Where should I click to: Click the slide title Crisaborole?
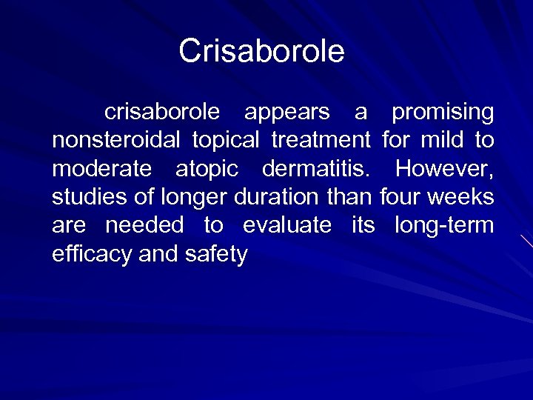tap(262, 51)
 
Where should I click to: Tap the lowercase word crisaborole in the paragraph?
tap(163, 113)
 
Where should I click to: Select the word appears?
tap(287, 113)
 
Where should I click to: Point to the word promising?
tap(443, 113)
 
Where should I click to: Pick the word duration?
tap(281, 198)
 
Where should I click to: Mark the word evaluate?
tap(287, 226)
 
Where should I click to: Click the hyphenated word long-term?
tap(444, 226)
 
